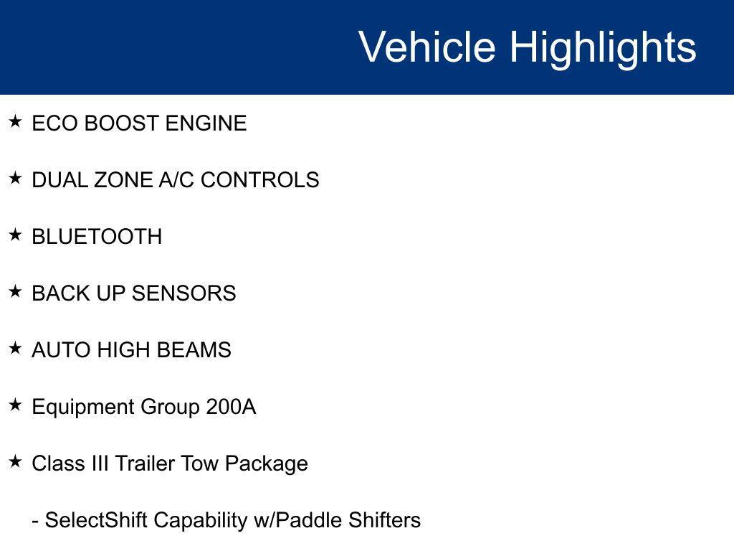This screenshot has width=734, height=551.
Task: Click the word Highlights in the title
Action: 603,47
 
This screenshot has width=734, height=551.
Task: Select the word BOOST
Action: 122,123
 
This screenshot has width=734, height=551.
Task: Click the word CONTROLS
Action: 259,180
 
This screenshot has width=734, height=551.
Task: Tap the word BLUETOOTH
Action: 97,237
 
